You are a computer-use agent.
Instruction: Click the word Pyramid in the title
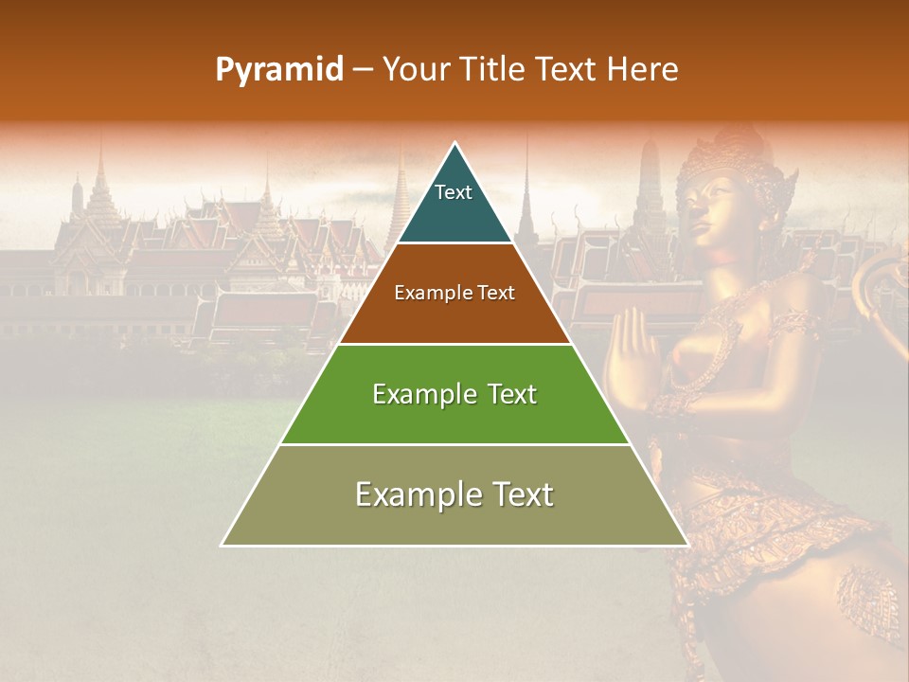point(279,70)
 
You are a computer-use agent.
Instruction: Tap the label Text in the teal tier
point(454,192)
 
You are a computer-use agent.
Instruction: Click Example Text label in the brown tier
point(454,293)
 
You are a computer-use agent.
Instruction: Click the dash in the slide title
point(363,70)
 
